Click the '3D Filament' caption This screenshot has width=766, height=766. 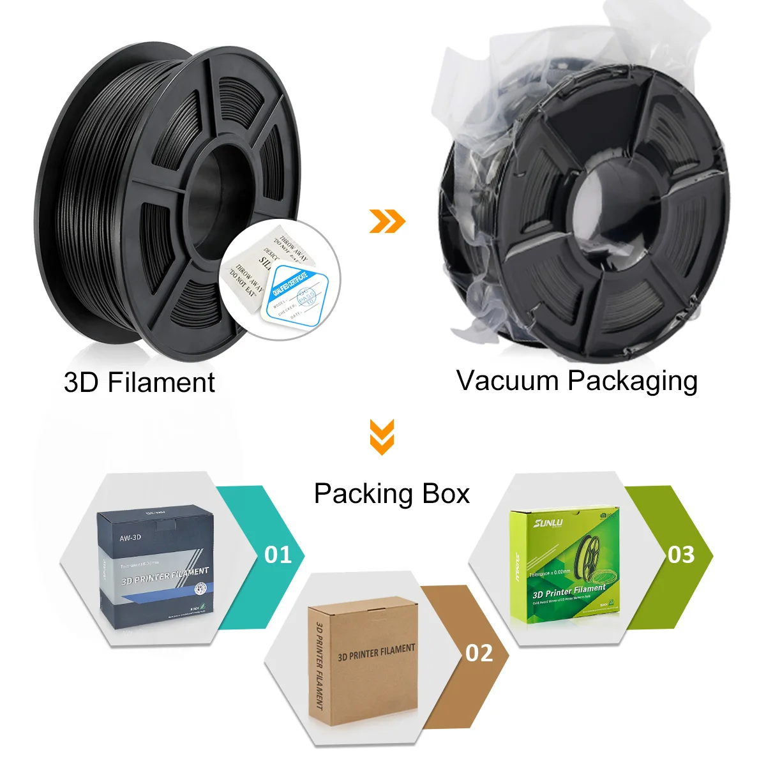pyautogui.click(x=139, y=382)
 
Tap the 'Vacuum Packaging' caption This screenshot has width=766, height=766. pyautogui.click(x=577, y=381)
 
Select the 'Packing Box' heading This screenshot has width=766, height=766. pyautogui.click(x=391, y=494)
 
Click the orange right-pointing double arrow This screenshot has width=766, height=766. pyautogui.click(x=387, y=221)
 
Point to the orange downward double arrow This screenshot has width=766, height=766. pyautogui.click(x=382, y=437)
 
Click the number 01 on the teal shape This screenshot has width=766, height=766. pyautogui.click(x=278, y=555)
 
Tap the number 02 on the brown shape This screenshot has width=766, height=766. pyautogui.click(x=479, y=653)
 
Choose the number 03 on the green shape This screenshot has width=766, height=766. pyautogui.click(x=680, y=555)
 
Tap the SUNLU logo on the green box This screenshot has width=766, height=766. pyautogui.click(x=548, y=523)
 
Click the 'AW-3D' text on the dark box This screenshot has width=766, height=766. pyautogui.click(x=130, y=538)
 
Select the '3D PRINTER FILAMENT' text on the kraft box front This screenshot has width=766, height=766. pyautogui.click(x=377, y=652)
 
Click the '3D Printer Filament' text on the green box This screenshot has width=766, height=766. pyautogui.click(x=569, y=592)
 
